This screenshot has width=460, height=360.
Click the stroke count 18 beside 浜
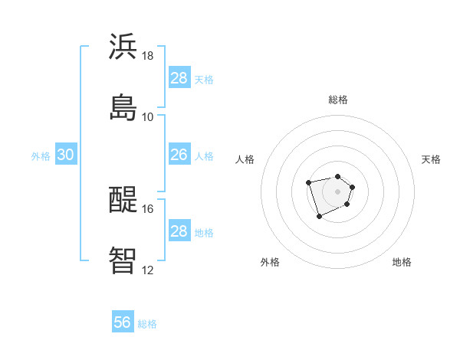[x=148, y=56]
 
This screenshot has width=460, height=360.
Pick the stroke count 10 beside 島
[x=148, y=116]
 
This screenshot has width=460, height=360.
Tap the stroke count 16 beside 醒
[x=148, y=208]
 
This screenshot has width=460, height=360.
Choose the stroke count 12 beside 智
[x=148, y=270]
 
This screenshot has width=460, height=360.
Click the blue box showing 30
[x=66, y=155]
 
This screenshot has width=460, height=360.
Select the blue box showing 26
[x=179, y=155]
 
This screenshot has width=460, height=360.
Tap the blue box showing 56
[x=123, y=322]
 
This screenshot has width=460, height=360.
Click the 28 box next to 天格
[x=179, y=78]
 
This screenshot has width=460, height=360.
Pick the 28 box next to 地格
[x=179, y=231]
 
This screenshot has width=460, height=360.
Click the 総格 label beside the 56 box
[x=147, y=324]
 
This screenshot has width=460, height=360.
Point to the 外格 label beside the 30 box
[x=41, y=156]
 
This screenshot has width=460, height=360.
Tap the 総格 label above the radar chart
[x=338, y=100]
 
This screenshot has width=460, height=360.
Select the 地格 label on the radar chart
[x=402, y=263]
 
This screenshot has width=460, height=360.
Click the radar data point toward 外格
[x=320, y=217]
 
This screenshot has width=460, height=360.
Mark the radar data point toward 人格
[x=308, y=182]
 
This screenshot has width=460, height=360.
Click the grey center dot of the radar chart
[x=338, y=191]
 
